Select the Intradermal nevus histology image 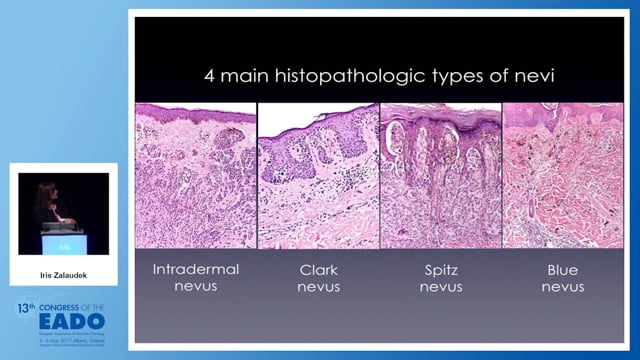tap(194, 176)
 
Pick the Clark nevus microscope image tap(319, 176)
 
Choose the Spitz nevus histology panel tap(441, 176)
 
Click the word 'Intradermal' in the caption tap(194, 269)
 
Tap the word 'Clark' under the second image tap(319, 269)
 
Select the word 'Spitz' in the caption tap(441, 269)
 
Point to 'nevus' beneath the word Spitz tap(441, 289)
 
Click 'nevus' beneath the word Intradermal tap(194, 289)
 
